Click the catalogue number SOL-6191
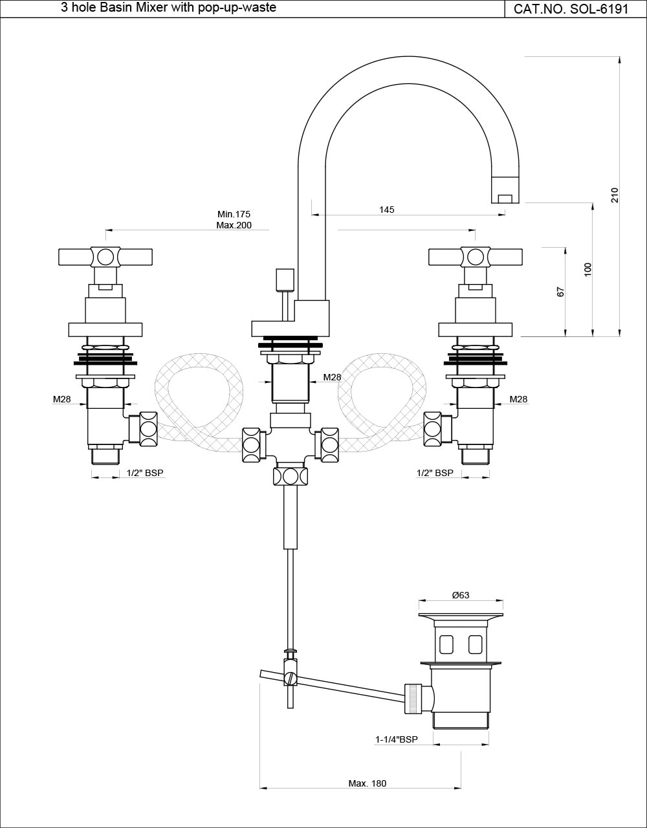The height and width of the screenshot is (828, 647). tap(571, 9)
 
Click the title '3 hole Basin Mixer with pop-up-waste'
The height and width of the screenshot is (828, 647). tap(169, 8)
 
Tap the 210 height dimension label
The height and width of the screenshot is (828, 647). tap(615, 195)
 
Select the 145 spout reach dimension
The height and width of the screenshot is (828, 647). tap(386, 210)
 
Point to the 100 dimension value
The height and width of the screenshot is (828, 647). tap(587, 270)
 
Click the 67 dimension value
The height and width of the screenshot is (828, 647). tap(561, 292)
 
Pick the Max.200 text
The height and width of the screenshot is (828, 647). tap(234, 225)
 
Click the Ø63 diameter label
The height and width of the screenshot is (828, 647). tap(460, 595)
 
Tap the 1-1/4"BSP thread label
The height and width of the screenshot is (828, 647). tap(397, 739)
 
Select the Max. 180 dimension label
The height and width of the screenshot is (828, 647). tap(367, 783)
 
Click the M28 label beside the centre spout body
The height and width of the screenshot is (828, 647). tap(332, 377)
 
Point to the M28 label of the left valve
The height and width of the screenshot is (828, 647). tap(62, 400)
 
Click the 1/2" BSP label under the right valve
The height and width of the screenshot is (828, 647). tap(435, 474)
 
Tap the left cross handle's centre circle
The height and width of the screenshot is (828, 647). tap(105, 257)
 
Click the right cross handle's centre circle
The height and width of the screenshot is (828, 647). tap(476, 257)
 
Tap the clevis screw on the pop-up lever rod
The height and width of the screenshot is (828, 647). tap(291, 679)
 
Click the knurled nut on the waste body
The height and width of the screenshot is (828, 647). tap(412, 699)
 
